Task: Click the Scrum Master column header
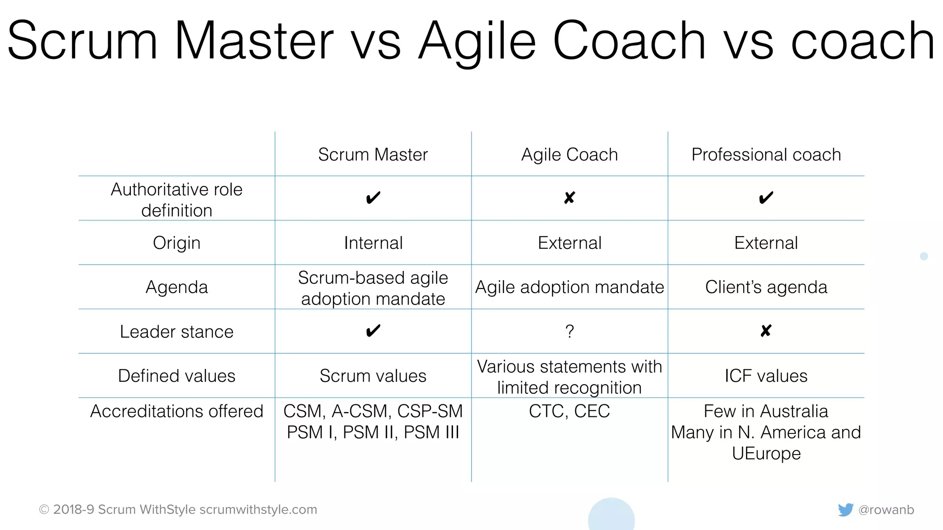373,155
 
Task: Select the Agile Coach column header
569,155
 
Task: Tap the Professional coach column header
766,155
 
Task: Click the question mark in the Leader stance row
570,331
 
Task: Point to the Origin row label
176,243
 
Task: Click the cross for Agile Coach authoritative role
570,198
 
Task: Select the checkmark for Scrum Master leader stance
373,331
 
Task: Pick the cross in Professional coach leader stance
766,331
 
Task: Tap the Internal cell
373,243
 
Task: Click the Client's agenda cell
766,287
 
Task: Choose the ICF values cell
766,376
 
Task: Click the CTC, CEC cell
569,411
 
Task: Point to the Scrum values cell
373,376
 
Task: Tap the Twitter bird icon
845,510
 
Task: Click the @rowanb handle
886,510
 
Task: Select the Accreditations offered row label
176,411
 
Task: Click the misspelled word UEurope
766,454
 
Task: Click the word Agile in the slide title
477,41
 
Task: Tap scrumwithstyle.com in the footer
258,510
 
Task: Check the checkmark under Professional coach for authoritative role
766,198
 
